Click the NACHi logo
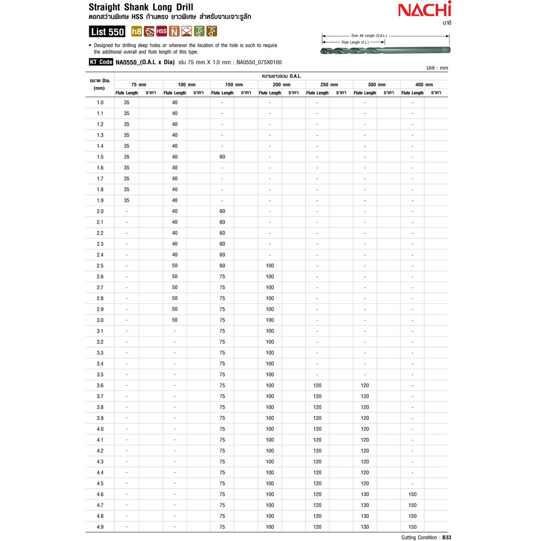424,10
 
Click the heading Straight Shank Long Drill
141,7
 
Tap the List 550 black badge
107,32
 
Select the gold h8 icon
136,31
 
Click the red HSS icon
162,31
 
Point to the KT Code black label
101,62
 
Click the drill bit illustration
385,50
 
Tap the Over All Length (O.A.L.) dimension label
369,35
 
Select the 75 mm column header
139,85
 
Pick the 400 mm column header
424,85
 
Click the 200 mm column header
282,85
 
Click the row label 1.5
100,157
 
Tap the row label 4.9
100,527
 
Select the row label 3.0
100,320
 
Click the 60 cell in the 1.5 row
222,157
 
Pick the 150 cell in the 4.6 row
413,494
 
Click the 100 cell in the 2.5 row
270,266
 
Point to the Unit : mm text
437,68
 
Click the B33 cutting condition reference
446,537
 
